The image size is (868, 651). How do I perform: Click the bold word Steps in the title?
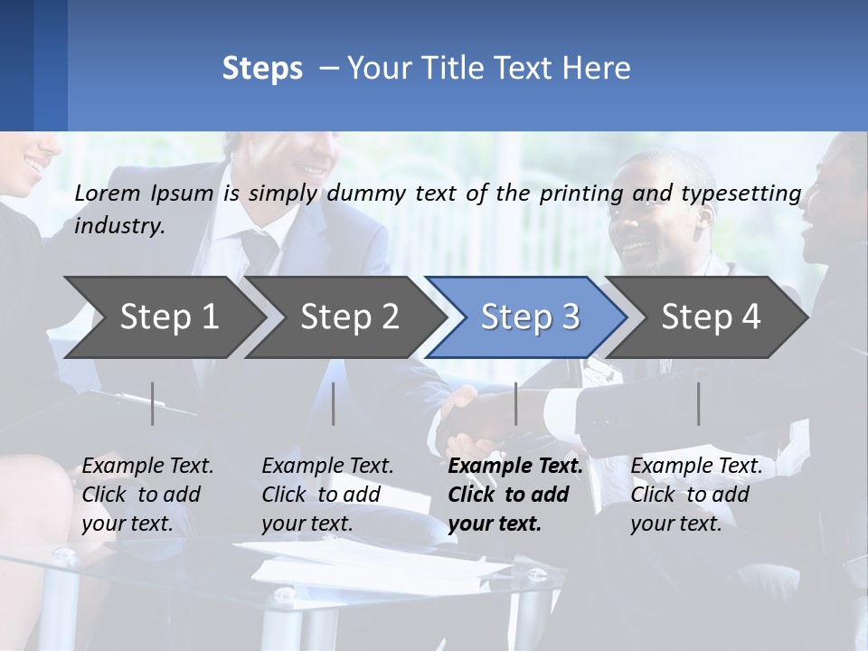262,69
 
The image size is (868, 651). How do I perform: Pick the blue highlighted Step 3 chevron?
529,317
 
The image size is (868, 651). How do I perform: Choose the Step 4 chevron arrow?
710,317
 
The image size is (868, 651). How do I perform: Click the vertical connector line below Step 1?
153,403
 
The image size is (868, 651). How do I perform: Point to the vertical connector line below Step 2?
334,403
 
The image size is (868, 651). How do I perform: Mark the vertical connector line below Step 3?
515,403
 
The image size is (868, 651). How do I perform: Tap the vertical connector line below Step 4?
699,403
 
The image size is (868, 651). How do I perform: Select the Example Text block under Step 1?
147,495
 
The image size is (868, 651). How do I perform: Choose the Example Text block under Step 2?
327,495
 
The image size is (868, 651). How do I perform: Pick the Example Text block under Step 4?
696,495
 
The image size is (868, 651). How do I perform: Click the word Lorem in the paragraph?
108,193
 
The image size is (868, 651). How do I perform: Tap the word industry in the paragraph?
118,226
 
